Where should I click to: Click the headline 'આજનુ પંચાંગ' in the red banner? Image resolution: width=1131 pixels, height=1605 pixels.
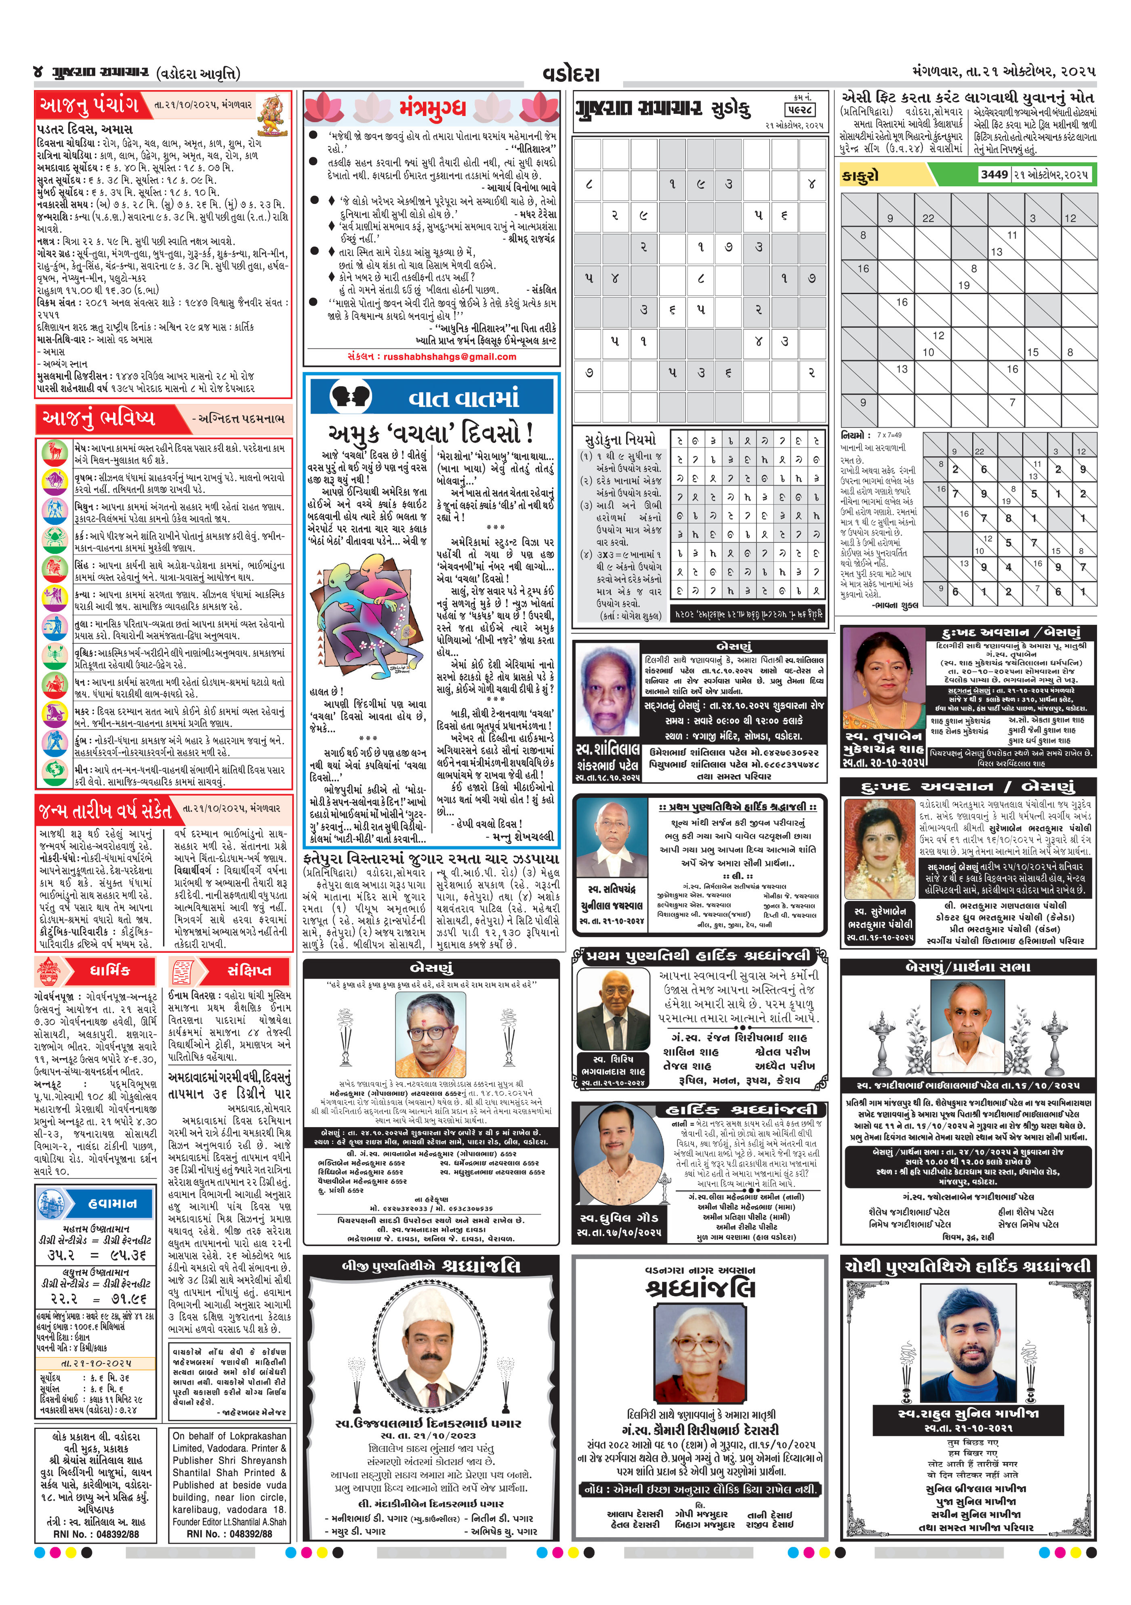click(90, 105)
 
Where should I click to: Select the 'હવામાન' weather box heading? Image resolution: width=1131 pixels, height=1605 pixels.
click(112, 1203)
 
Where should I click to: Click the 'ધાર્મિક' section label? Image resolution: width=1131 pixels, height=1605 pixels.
click(110, 971)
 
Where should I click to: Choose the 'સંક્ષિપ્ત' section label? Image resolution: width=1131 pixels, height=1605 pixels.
click(249, 971)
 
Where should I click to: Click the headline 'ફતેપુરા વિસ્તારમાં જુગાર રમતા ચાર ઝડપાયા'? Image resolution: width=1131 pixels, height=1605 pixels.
click(431, 858)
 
